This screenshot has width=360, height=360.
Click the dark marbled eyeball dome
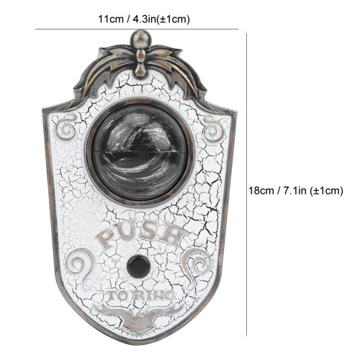140,153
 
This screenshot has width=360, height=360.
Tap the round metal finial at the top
141,39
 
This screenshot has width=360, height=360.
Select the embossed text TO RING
140,296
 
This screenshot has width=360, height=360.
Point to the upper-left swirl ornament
66,128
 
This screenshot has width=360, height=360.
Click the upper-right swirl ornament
213,129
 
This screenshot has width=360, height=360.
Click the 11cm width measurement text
144,19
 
